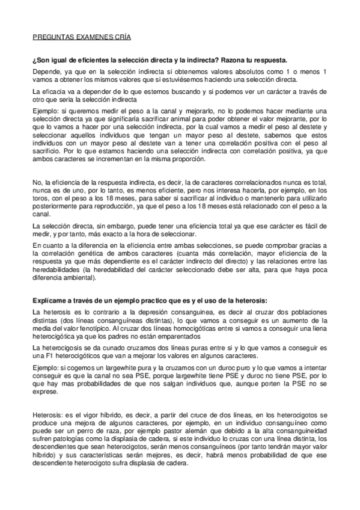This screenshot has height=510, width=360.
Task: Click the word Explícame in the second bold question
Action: pyautogui.click(x=52, y=301)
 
